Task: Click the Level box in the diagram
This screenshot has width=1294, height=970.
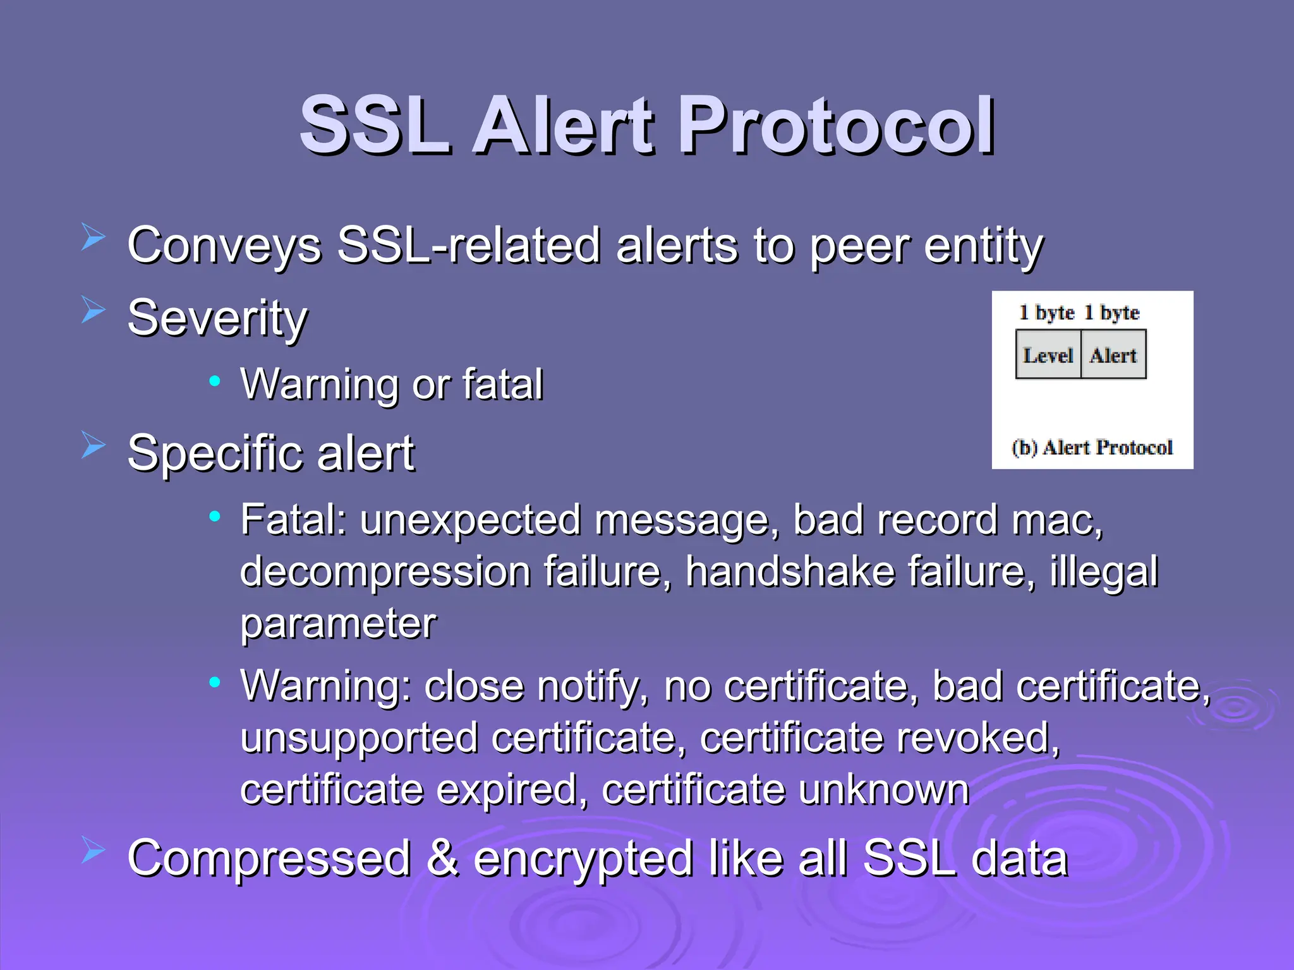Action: pyautogui.click(x=1048, y=356)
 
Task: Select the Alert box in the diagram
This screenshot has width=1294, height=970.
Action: pyautogui.click(x=1113, y=356)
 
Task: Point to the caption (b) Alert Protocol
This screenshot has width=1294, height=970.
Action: pyautogui.click(x=1092, y=448)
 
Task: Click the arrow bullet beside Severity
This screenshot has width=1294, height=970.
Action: pyautogui.click(x=93, y=310)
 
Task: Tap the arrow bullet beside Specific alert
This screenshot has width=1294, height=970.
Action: pyautogui.click(x=93, y=445)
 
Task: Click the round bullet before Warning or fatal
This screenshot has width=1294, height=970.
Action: pyautogui.click(x=215, y=381)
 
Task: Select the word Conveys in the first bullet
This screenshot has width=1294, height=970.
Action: pyautogui.click(x=224, y=246)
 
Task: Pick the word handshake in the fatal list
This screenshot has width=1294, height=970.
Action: pyautogui.click(x=790, y=572)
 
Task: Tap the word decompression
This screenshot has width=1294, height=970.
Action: pyautogui.click(x=385, y=572)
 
